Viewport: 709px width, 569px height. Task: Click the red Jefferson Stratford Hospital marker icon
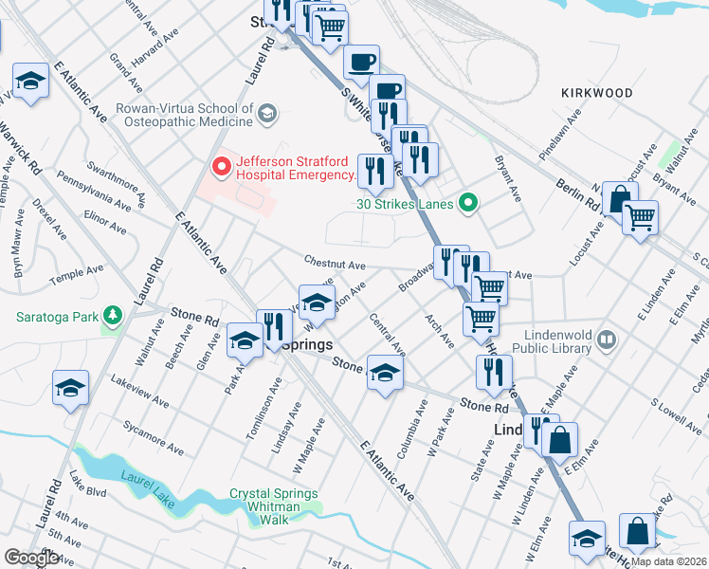coord(222,168)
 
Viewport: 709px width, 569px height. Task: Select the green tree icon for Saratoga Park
coord(113,315)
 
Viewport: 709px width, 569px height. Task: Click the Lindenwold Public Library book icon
coord(608,340)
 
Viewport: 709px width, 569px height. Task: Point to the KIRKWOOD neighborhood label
coord(596,93)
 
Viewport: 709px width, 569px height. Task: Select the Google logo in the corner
coord(32,557)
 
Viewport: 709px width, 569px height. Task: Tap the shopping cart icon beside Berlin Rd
coord(640,218)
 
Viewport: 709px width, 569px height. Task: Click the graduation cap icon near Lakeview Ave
coord(70,389)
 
